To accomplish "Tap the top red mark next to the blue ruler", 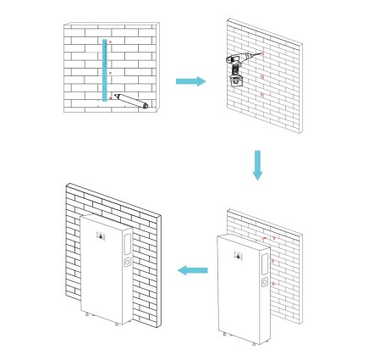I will [x=113, y=42].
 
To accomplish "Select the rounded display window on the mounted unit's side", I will [x=125, y=244].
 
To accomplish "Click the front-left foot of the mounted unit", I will [x=89, y=318].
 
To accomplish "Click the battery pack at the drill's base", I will [x=237, y=83].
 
